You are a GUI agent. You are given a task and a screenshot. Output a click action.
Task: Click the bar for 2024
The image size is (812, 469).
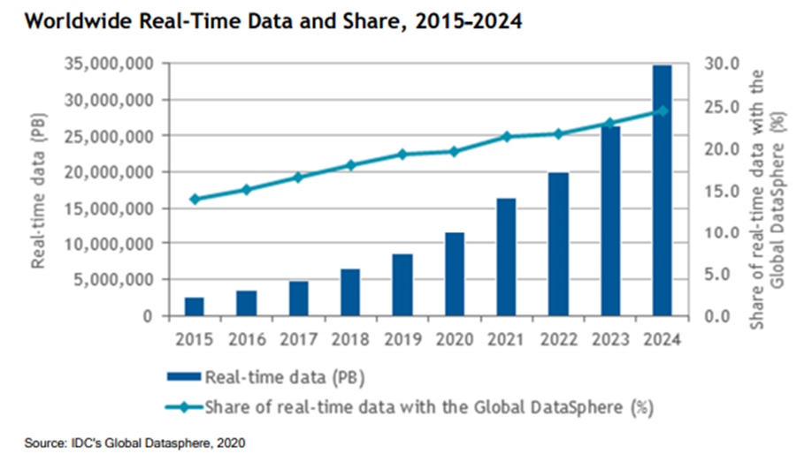pos(662,190)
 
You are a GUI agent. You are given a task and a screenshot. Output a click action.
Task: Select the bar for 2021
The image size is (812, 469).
pos(506,256)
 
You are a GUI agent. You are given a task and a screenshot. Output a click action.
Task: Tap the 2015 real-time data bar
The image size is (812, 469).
pos(195,306)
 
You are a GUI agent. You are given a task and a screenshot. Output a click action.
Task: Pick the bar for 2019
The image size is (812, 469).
pos(402,284)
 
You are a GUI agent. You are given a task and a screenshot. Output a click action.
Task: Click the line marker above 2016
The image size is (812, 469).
pos(247,189)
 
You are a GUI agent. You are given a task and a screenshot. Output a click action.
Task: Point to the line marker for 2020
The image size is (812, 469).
pos(454,151)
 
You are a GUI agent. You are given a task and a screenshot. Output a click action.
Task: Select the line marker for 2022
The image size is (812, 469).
pos(557,133)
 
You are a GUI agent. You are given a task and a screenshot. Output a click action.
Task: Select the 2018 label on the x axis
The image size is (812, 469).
pos(349,339)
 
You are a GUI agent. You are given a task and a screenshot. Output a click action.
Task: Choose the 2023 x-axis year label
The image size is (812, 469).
pos(609,339)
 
